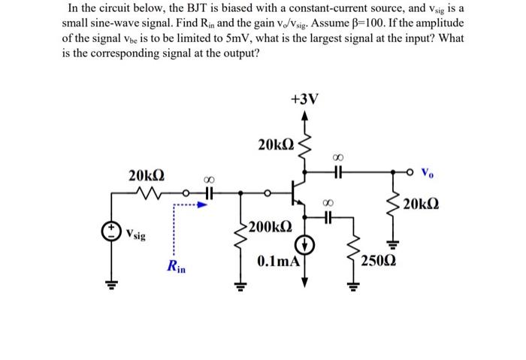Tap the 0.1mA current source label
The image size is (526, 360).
278,262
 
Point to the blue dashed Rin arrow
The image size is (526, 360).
189,203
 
